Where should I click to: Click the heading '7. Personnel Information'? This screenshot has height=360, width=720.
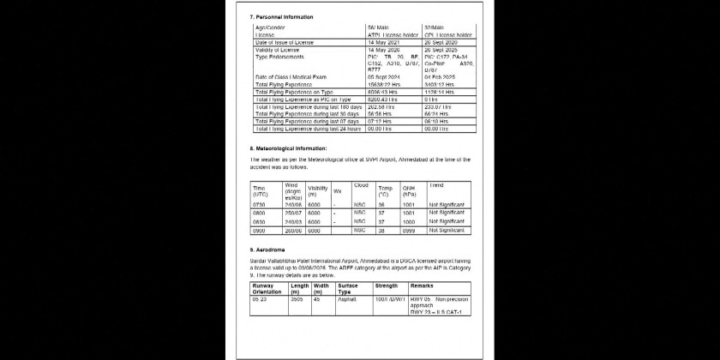pos(281,17)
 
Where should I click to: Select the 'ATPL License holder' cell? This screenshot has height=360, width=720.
pos(396,36)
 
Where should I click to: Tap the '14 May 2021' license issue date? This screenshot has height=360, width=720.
pos(383,43)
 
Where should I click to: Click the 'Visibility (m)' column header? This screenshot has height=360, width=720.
pos(317,191)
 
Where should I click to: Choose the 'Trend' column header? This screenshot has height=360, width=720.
pos(436,185)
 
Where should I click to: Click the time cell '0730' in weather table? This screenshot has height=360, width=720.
pos(260,206)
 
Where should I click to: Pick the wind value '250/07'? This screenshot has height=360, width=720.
pos(293,213)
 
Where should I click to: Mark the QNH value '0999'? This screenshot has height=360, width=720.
pos(410,231)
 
